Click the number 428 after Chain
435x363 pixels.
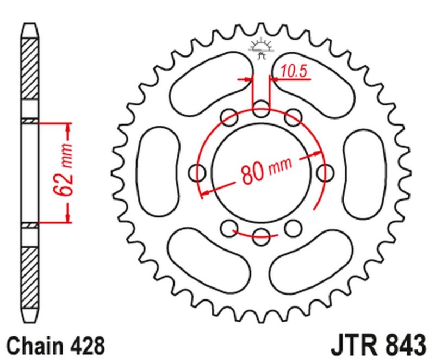pos(85,346)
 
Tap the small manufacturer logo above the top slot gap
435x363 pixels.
pos(262,47)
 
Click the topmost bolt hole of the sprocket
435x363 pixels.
pos(262,107)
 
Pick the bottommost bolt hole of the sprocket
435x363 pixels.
pos(262,234)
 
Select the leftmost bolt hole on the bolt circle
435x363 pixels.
pos(197,173)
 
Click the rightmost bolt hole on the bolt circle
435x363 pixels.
pos(326,173)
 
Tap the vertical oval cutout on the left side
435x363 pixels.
pos(159,172)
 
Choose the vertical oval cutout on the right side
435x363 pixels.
pos(364,172)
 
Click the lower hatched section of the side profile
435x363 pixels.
pos(30,272)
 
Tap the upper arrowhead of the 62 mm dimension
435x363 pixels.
pos(68,128)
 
